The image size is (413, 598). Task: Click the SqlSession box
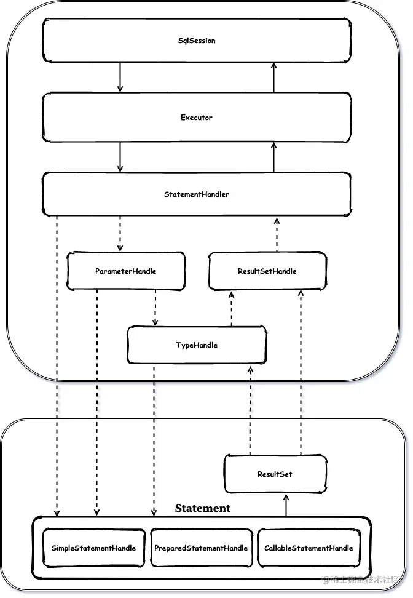197,40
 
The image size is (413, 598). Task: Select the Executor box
197,117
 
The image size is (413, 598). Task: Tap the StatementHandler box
197,194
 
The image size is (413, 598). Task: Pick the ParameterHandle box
126,271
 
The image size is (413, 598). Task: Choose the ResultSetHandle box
267,271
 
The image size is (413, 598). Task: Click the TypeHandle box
197,345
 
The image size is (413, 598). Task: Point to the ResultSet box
275,474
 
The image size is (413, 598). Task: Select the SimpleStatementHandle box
94,548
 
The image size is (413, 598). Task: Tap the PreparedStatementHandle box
201,548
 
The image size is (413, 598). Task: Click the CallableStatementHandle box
309,548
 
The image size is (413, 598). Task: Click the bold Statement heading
203,508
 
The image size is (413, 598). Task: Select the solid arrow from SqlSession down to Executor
120,78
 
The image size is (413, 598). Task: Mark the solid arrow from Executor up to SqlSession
273,78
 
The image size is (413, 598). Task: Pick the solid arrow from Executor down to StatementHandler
120,157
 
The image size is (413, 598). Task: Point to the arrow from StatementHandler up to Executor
273,157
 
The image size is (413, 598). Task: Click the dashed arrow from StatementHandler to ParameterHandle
120,234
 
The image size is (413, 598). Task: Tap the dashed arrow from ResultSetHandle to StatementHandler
277,234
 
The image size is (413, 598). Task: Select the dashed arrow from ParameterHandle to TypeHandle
155,308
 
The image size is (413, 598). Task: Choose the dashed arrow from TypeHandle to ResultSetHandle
231,309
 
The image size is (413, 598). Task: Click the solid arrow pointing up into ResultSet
286,505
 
